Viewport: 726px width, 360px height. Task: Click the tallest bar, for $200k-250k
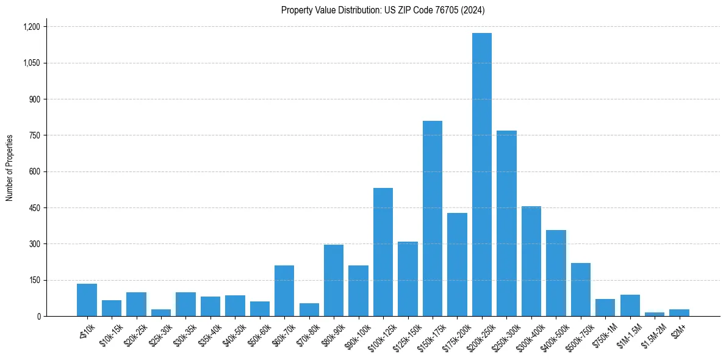[481, 175]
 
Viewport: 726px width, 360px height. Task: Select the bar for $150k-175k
[432, 218]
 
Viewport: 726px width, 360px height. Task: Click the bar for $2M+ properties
[679, 312]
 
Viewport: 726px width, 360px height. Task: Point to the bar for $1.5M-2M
[655, 314]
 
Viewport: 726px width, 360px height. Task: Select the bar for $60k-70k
[284, 290]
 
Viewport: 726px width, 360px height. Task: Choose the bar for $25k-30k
[161, 312]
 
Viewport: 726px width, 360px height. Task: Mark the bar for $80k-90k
[334, 280]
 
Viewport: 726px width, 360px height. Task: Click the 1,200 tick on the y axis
[31, 27]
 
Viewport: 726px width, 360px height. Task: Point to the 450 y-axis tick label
[34, 208]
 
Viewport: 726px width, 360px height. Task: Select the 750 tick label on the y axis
[34, 135]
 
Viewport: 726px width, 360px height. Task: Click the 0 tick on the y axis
[38, 317]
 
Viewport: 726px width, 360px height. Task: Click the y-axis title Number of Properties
[10, 168]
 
